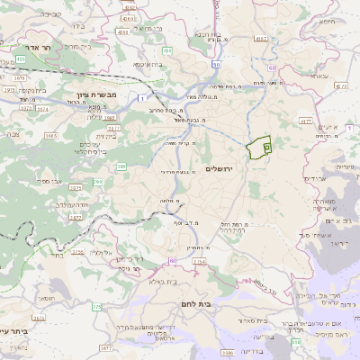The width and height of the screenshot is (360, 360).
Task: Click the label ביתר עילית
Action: (13, 330)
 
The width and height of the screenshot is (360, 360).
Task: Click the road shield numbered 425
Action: (20, 58)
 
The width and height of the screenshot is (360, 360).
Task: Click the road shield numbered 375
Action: (96, 307)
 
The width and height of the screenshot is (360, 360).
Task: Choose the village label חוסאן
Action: (47, 298)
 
